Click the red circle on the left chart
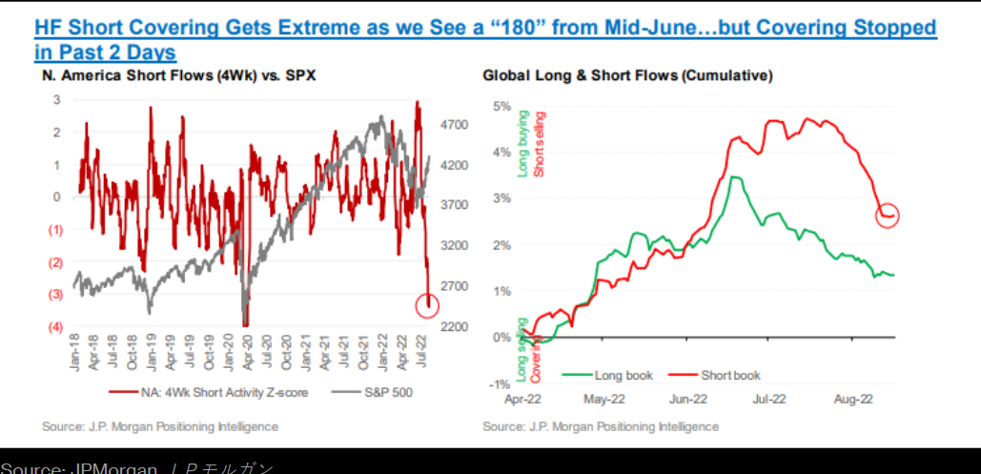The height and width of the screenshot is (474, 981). tap(428, 305)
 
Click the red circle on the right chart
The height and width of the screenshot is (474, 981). tap(887, 216)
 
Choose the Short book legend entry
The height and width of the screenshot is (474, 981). tap(730, 375)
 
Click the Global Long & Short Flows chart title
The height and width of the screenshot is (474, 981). tap(627, 74)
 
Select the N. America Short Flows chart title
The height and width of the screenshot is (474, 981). tap(179, 74)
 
